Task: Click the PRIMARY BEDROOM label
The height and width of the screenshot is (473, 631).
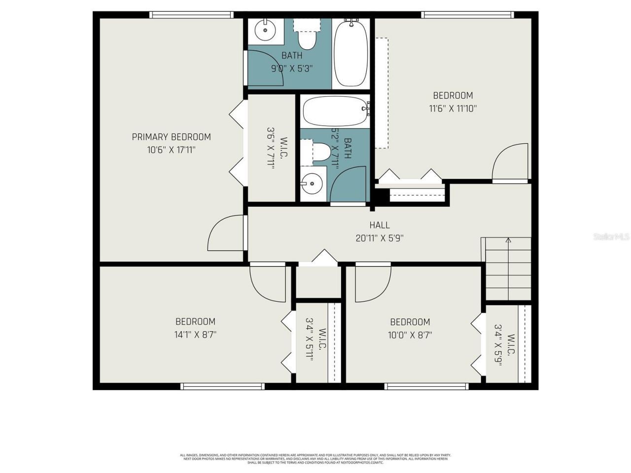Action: (x=171, y=137)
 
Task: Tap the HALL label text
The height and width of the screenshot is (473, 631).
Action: (x=380, y=225)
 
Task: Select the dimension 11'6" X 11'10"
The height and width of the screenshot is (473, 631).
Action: (x=453, y=108)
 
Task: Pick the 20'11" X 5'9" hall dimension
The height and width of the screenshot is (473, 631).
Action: (x=380, y=238)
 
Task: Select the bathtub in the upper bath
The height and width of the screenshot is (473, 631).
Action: (x=351, y=53)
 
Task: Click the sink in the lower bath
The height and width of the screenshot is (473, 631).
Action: (x=312, y=185)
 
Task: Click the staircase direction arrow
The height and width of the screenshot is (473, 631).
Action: (x=508, y=241)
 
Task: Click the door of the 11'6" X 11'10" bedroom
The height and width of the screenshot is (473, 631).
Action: (x=511, y=163)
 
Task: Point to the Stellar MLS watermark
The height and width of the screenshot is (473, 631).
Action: (x=611, y=236)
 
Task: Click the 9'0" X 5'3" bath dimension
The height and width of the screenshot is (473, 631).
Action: (x=292, y=68)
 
